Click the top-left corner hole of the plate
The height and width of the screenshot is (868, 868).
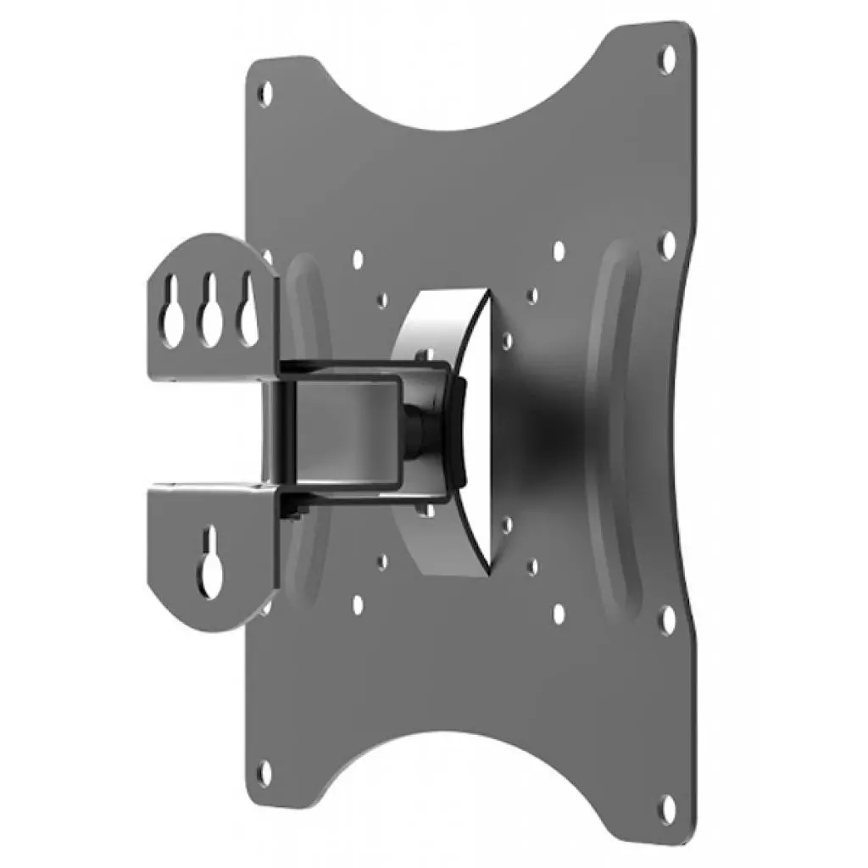265,91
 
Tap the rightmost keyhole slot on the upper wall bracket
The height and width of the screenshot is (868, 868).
247,315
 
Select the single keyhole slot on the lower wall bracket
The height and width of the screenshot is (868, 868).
209,561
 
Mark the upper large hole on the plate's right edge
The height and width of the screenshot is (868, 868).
668,243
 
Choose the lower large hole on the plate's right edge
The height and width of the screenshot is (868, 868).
668,620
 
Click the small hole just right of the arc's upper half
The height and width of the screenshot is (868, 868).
506,339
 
